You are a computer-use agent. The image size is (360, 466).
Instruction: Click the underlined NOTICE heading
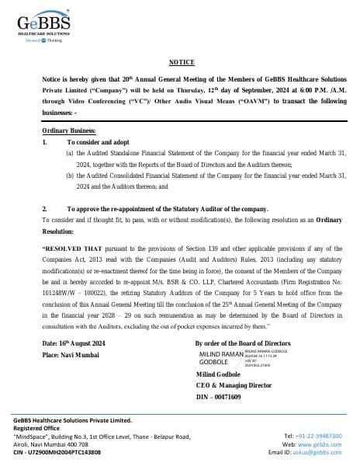pyautogui.click(x=180, y=61)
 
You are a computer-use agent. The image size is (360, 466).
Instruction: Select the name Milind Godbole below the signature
pyautogui.click(x=221, y=375)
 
